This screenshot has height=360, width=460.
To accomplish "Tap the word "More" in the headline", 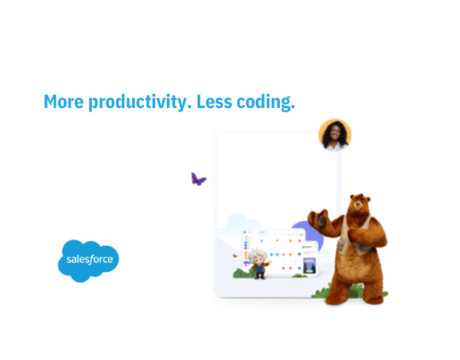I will click(60, 102).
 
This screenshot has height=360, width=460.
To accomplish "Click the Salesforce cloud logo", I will click(88, 260).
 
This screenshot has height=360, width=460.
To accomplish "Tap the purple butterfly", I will click(199, 179).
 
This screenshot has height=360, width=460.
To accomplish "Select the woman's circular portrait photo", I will click(334, 135).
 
